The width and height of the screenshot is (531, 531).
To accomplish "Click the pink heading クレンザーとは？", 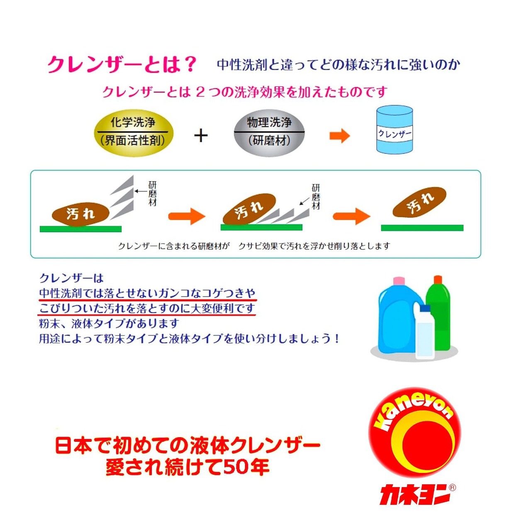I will click(x=121, y=65).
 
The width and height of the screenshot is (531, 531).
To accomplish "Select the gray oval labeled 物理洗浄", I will click(x=269, y=132).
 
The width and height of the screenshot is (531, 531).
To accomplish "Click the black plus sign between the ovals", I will click(x=201, y=136).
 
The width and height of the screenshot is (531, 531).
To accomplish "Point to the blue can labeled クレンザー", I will click(x=394, y=130).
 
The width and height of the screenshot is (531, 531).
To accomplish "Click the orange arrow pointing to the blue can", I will click(x=339, y=136).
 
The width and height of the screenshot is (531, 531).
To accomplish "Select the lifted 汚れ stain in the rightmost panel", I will click(x=419, y=202).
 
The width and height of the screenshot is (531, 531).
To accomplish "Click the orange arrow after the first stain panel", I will click(x=187, y=216).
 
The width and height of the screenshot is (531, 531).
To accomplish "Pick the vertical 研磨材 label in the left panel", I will click(x=152, y=193).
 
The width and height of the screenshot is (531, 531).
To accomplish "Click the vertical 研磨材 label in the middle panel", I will click(x=316, y=197).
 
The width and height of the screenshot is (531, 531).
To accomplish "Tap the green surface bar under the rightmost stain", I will click(x=422, y=228).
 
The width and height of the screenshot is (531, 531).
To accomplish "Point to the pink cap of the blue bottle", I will click(x=399, y=281).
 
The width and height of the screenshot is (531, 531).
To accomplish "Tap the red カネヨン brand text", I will click(x=414, y=494).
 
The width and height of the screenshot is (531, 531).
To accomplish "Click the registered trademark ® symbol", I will click(x=453, y=488).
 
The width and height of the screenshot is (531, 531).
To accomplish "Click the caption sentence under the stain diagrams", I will click(x=254, y=246).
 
